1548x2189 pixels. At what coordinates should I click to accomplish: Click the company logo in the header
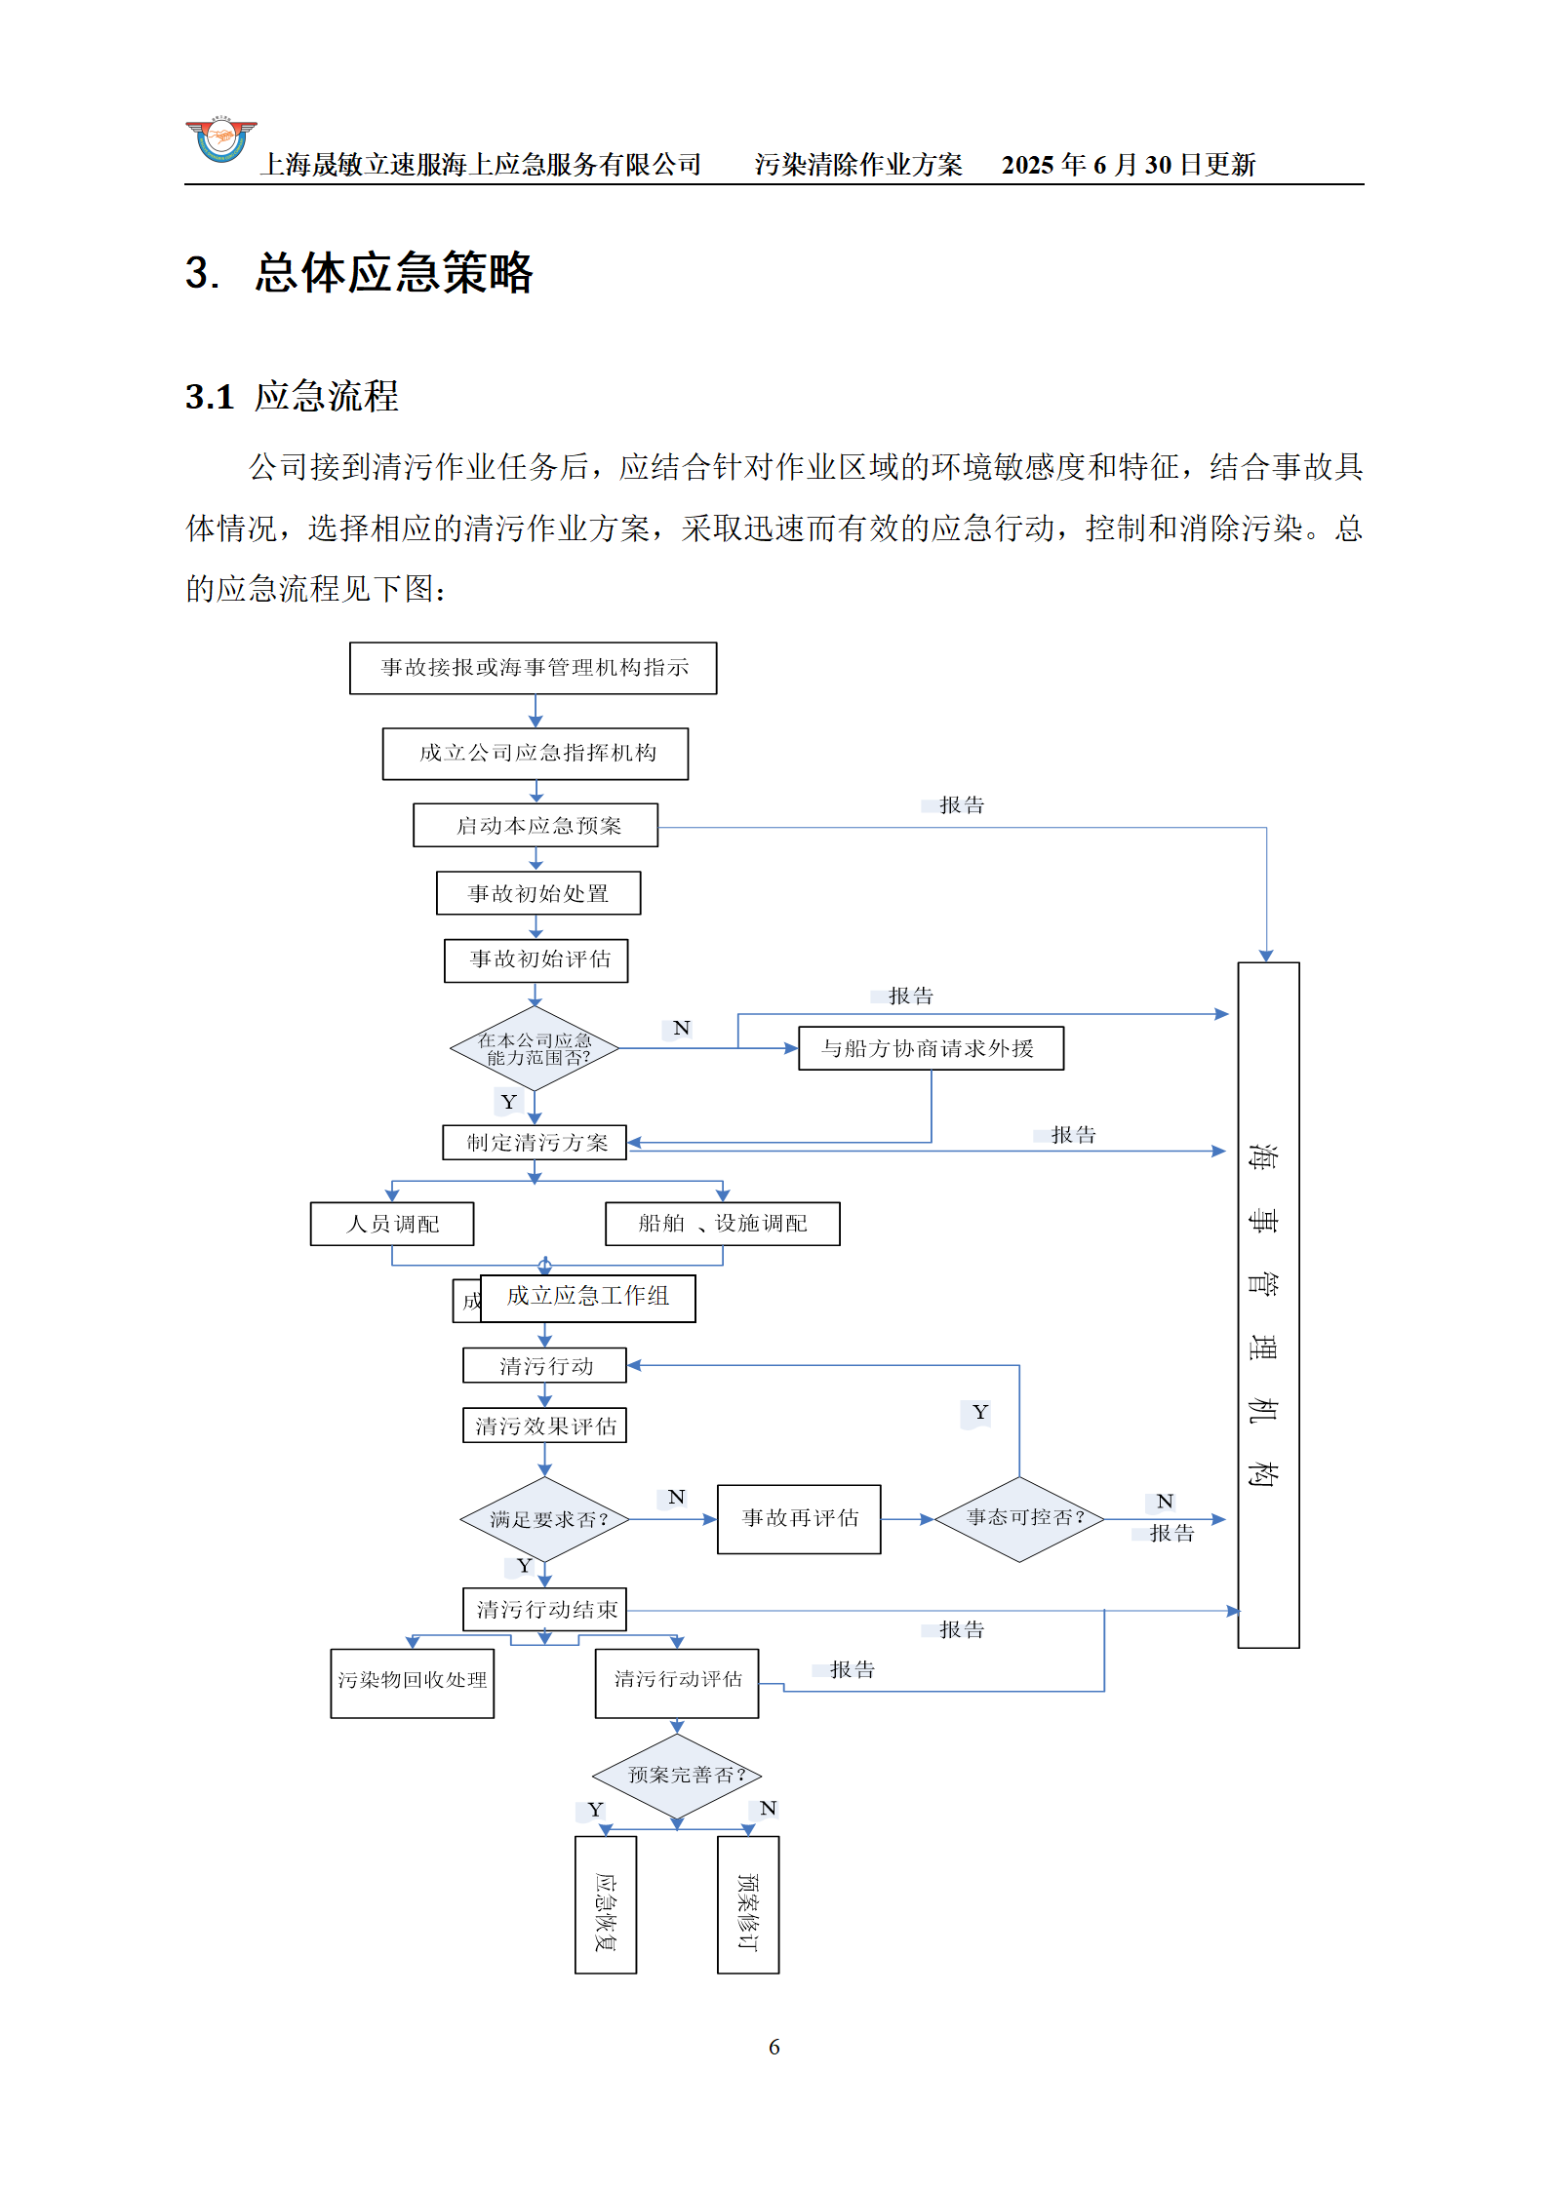pyautogui.click(x=221, y=140)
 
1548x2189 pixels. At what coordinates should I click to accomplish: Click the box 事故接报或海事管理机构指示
pyautogui.click(x=533, y=668)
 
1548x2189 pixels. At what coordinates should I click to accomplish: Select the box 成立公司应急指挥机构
pyautogui.click(x=535, y=754)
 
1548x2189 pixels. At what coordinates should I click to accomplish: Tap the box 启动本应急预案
pyautogui.click(x=536, y=826)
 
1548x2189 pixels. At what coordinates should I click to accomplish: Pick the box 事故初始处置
pyautogui.click(x=538, y=893)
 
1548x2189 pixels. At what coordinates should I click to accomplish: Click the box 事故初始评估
pyautogui.click(x=536, y=960)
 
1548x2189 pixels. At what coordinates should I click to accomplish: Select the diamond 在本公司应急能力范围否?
pyautogui.click(x=535, y=1049)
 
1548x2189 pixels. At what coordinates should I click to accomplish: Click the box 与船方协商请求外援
pyautogui.click(x=931, y=1048)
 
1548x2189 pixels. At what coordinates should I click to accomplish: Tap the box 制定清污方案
pyautogui.click(x=535, y=1143)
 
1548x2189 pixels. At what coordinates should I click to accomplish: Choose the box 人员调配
pyautogui.click(x=392, y=1224)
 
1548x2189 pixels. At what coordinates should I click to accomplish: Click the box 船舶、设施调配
pyautogui.click(x=722, y=1224)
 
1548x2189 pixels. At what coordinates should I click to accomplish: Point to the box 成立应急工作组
pyautogui.click(x=587, y=1298)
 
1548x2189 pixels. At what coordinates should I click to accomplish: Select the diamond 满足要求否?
pyautogui.click(x=545, y=1519)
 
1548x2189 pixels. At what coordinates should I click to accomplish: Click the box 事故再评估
pyautogui.click(x=799, y=1519)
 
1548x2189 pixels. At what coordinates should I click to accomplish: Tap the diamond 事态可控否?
pyautogui.click(x=1019, y=1518)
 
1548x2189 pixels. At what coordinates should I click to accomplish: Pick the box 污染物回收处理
pyautogui.click(x=412, y=1683)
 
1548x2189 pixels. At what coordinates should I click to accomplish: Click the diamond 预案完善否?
pyautogui.click(x=677, y=1776)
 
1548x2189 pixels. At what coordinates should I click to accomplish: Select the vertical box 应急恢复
pyautogui.click(x=606, y=1904)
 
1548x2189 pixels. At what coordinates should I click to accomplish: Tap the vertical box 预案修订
pyautogui.click(x=748, y=1904)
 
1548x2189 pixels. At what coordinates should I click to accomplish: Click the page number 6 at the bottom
pyautogui.click(x=774, y=2047)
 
